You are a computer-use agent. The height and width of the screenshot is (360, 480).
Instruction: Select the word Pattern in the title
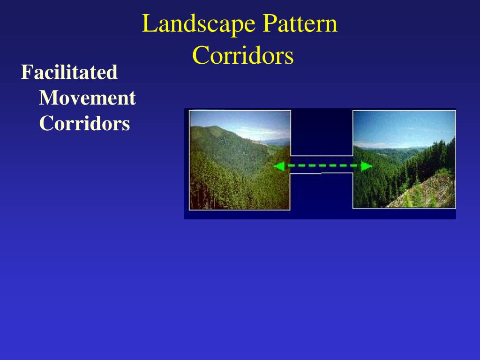[300, 24]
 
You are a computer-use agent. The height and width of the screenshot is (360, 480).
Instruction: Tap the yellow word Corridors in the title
[243, 56]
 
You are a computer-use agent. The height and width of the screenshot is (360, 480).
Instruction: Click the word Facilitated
[69, 73]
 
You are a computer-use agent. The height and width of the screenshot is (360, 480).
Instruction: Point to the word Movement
[87, 98]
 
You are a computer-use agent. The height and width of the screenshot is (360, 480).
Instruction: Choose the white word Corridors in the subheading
[84, 124]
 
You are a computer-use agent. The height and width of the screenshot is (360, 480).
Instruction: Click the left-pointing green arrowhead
[279, 166]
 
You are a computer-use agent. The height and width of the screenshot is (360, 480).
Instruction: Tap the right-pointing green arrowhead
[367, 166]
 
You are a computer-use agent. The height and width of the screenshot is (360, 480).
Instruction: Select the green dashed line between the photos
[323, 166]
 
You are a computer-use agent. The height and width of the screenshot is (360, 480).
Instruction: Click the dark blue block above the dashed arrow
[322, 133]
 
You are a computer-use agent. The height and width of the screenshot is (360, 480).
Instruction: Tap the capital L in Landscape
[148, 24]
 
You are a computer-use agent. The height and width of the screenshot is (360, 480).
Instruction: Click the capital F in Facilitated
[26, 73]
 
